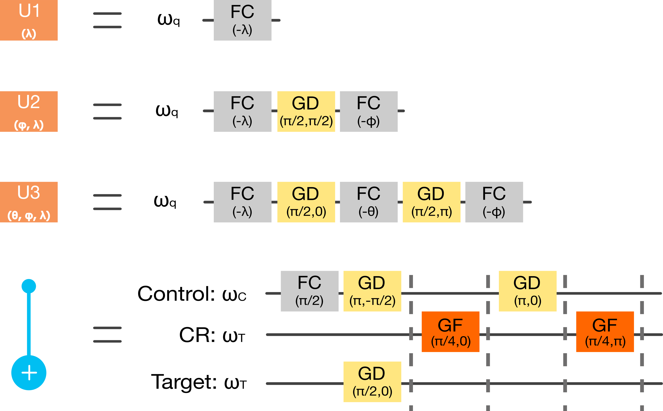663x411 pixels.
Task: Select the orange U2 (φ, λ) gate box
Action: (x=29, y=111)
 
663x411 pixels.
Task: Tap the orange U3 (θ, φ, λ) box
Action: (x=29, y=202)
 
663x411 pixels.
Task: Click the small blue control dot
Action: (x=29, y=286)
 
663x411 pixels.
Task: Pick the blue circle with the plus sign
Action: (x=29, y=372)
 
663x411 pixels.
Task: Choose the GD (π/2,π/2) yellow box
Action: (x=306, y=111)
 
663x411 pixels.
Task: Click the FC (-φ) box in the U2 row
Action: (x=369, y=111)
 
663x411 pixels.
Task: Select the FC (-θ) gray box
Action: (x=369, y=202)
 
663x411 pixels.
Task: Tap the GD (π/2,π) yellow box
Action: (x=431, y=202)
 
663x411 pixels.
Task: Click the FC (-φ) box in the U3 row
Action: (x=494, y=202)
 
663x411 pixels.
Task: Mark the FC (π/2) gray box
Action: (x=310, y=291)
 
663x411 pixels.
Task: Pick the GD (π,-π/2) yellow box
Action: (x=372, y=291)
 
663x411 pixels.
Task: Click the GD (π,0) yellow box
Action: (x=527, y=291)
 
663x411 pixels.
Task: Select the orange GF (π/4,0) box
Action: (x=450, y=332)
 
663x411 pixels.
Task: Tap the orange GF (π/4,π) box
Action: (x=605, y=332)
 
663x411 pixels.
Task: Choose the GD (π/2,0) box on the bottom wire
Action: (x=372, y=382)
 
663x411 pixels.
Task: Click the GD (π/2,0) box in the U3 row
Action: (x=306, y=202)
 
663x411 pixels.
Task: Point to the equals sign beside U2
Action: (x=107, y=111)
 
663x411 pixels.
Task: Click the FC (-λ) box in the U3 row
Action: (x=242, y=202)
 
